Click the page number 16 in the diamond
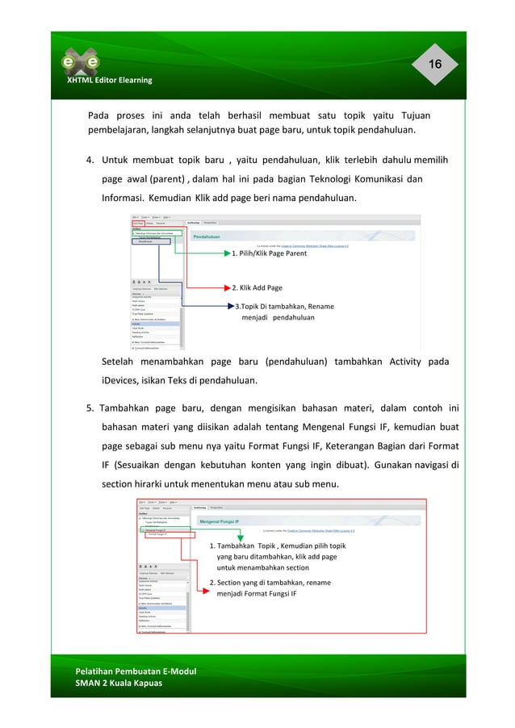(434, 65)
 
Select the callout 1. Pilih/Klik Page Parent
(269, 253)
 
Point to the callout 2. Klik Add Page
(257, 287)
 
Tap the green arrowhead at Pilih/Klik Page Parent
(227, 253)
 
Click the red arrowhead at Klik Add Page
(227, 287)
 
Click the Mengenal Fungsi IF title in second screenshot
(227, 523)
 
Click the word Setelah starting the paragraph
(119, 361)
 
